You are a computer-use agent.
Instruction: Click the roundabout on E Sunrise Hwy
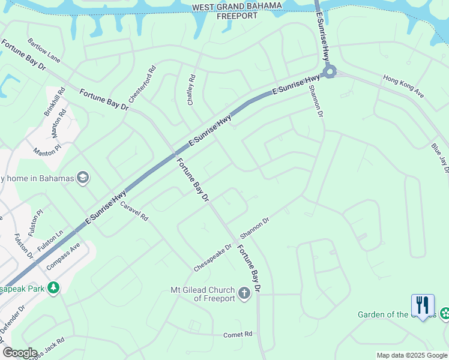pyautogui.click(x=329, y=73)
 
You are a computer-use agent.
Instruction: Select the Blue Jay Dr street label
pyautogui.click(x=440, y=158)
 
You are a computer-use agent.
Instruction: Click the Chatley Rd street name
pyautogui.click(x=192, y=90)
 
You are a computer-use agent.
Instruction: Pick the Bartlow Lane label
pyautogui.click(x=44, y=50)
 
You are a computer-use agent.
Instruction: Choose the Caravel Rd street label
pyautogui.click(x=134, y=212)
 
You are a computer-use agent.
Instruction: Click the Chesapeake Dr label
pyautogui.click(x=212, y=257)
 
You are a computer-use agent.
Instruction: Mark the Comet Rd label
pyautogui.click(x=238, y=334)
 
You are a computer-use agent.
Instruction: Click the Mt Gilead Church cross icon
pyautogui.click(x=244, y=293)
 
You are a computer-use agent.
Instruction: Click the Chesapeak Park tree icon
pyautogui.click(x=54, y=288)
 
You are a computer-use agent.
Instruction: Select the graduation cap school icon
pyautogui.click(x=83, y=178)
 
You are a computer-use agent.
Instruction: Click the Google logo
pyautogui.click(x=19, y=353)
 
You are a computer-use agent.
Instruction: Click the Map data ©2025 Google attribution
pyautogui.click(x=412, y=355)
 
